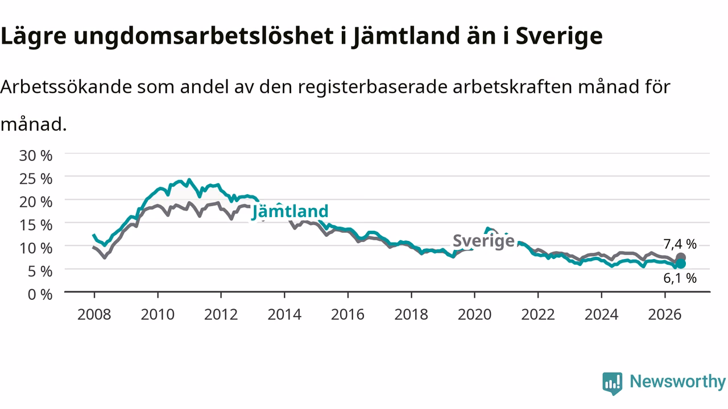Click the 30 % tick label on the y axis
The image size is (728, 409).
pyautogui.click(x=36, y=156)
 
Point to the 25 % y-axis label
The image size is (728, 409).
pyautogui.click(x=36, y=179)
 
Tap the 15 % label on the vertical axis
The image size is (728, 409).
pyautogui.click(x=36, y=226)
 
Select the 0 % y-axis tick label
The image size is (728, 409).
pyautogui.click(x=40, y=295)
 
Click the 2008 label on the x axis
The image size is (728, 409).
pyautogui.click(x=94, y=315)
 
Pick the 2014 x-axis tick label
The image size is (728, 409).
pyautogui.click(x=284, y=315)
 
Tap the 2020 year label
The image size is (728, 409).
pyautogui.click(x=474, y=315)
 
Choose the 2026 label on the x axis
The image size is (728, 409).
pyautogui.click(x=665, y=315)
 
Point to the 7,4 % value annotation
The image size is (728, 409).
pyautogui.click(x=680, y=244)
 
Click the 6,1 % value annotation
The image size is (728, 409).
pyautogui.click(x=680, y=278)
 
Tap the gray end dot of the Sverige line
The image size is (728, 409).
pyautogui.click(x=681, y=258)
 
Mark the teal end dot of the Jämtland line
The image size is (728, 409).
pyautogui.click(x=681, y=264)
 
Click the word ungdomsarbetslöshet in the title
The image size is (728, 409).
pyautogui.click(x=204, y=36)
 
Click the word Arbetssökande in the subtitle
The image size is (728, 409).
pyautogui.click(x=67, y=87)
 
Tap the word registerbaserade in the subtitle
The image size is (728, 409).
pyautogui.click(x=373, y=87)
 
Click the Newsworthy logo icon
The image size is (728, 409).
pyautogui.click(x=613, y=383)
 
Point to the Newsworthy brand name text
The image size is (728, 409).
pyautogui.click(x=677, y=382)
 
